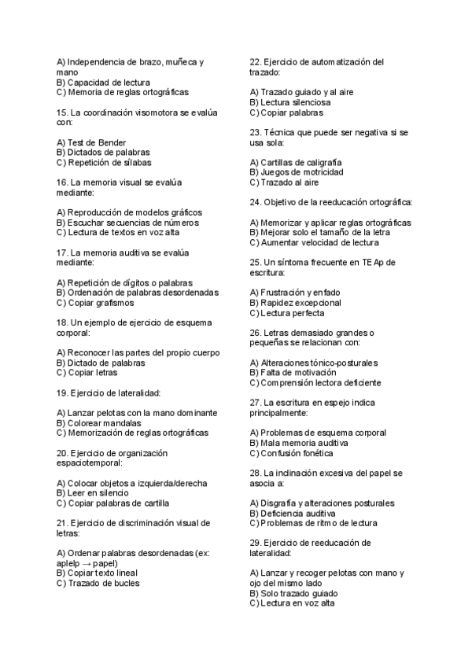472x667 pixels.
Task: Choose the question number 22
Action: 255,61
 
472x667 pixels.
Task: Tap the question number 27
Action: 255,402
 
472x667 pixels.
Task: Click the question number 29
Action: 255,543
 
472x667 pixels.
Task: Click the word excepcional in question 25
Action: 315,302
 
